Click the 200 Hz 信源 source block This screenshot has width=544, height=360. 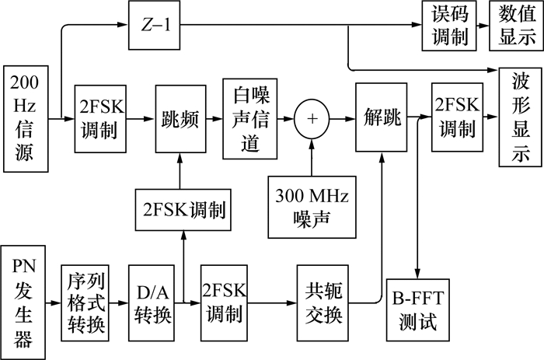(x=26, y=118)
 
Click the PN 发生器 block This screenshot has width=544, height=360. (x=25, y=297)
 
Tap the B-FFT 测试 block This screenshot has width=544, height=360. (x=419, y=309)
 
